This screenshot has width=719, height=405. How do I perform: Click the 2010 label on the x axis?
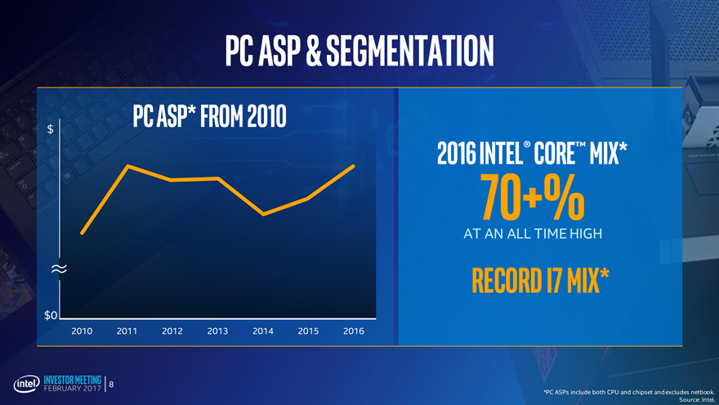point(82,331)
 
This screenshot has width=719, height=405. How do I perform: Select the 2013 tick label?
point(217,331)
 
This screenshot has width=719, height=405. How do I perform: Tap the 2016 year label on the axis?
point(353,331)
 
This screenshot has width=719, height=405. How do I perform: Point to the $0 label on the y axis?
point(51,316)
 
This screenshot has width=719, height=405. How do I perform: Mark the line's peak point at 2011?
point(128,166)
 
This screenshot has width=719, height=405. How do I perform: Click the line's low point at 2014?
point(263,214)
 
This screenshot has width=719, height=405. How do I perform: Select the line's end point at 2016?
point(354,166)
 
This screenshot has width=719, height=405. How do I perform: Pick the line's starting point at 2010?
point(82,233)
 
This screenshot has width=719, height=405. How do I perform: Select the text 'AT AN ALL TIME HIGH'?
point(533,234)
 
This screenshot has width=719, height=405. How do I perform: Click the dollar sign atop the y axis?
point(51,129)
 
